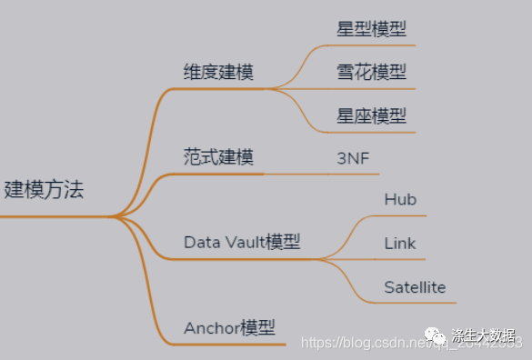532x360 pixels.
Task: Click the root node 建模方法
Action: (44, 190)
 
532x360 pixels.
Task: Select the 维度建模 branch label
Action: (218, 71)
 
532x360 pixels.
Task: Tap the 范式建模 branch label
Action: (218, 156)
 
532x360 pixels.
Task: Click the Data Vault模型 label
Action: (242, 242)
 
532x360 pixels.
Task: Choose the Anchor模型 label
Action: (229, 327)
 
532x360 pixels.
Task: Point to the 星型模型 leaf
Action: (371, 28)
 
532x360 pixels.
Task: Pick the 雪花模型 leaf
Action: (371, 72)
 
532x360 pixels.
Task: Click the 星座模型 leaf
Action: (371, 115)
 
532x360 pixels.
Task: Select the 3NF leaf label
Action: (353, 157)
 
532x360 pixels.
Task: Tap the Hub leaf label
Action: (400, 199)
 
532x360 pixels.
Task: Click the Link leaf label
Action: (400, 244)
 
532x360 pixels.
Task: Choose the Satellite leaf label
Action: (415, 287)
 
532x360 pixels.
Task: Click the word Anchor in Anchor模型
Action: (212, 327)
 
